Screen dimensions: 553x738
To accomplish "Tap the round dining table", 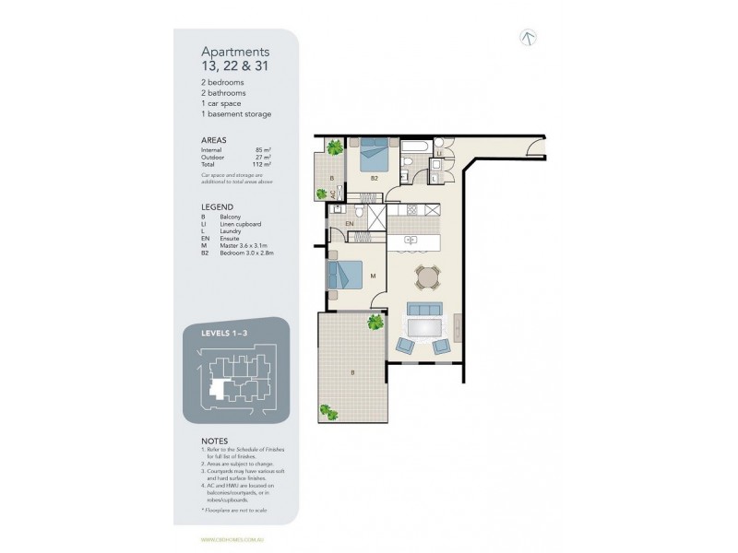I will tap(426, 276).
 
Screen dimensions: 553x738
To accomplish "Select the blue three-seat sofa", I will tap(427, 310).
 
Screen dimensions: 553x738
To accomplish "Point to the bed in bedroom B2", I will tap(374, 149).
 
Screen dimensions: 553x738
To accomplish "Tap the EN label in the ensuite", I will tap(350, 223).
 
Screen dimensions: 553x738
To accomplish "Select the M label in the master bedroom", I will tap(371, 276).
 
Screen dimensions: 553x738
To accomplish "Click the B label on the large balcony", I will tap(351, 373).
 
